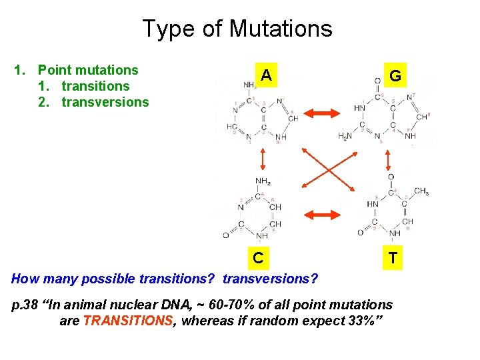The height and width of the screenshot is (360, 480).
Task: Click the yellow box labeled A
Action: point(266,75)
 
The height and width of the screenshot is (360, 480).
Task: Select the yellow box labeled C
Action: point(258,257)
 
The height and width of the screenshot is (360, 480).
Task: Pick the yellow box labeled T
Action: point(393,257)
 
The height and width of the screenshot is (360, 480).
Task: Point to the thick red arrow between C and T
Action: point(321,214)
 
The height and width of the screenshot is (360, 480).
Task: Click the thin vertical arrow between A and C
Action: point(263,159)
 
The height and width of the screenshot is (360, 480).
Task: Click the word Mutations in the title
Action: point(281,29)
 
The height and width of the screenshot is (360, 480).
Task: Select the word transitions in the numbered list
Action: point(95,86)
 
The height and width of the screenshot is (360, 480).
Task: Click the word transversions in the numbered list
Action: point(105,102)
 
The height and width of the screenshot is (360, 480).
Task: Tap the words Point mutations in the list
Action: point(88,70)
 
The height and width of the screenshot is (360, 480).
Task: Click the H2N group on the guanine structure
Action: point(346,136)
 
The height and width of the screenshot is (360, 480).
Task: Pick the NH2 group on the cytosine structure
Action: point(262,181)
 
